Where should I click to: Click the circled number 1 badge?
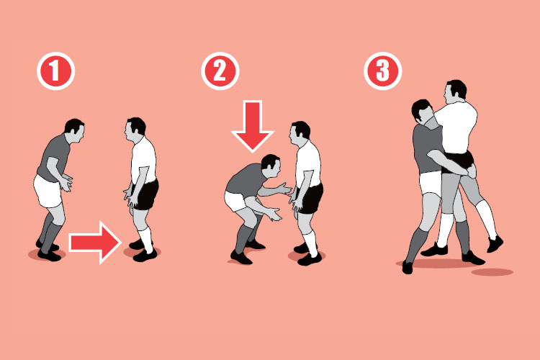[x=55, y=71]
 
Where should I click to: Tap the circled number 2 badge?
[x=220, y=71]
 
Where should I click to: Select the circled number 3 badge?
[x=382, y=71]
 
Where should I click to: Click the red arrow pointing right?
[x=95, y=243]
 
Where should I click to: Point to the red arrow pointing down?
[x=253, y=126]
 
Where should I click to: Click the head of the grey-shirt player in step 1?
[x=74, y=131]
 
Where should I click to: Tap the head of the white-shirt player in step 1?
[x=135, y=130]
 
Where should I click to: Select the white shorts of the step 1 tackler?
[x=48, y=192]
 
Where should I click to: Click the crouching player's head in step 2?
[x=271, y=166]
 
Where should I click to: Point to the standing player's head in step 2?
[x=300, y=133]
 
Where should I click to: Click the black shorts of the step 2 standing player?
[x=311, y=199]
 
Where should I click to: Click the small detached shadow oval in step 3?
[x=492, y=272]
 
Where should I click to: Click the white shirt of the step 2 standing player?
[x=308, y=163]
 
